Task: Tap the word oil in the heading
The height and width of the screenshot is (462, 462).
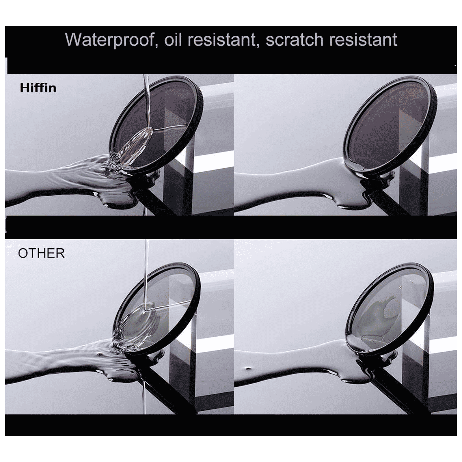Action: pyautogui.click(x=174, y=40)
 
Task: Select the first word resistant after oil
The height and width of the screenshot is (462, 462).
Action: pyautogui.click(x=221, y=40)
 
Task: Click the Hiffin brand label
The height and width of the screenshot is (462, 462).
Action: pyautogui.click(x=38, y=88)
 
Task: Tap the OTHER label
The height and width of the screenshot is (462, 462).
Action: pyautogui.click(x=41, y=253)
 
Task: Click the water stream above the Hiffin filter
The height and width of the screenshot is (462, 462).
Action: pyautogui.click(x=146, y=95)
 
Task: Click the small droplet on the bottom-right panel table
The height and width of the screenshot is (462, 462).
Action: pyautogui.click(x=248, y=369)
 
